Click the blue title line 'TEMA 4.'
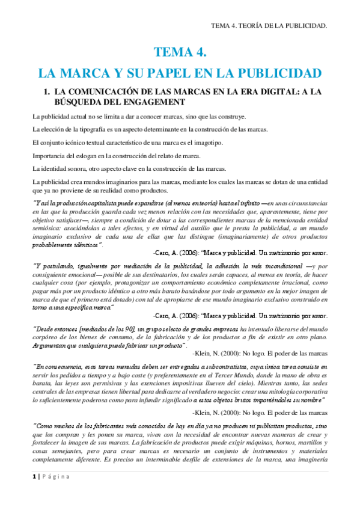pos(180,53)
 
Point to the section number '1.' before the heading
pos(43,92)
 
